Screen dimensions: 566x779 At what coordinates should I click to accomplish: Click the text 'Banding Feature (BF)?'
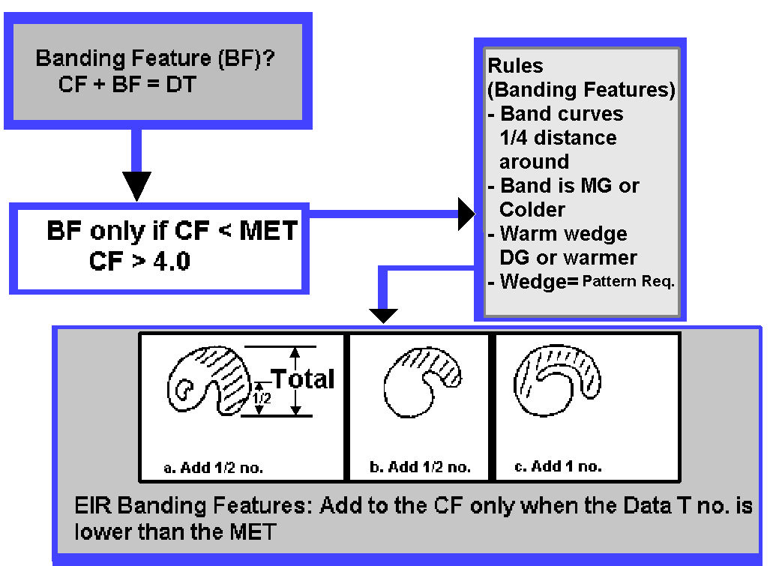coord(154,59)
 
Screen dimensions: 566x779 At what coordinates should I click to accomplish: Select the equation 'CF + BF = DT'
coord(127,84)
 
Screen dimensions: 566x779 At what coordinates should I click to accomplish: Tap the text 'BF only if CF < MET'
coord(172,231)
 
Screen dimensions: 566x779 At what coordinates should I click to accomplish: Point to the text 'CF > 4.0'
coord(139,262)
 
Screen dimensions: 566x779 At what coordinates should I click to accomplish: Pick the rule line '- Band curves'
coord(556,114)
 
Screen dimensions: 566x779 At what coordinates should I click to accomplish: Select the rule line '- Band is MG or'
coord(563,185)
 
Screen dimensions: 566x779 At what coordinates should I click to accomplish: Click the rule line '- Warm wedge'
coord(557,233)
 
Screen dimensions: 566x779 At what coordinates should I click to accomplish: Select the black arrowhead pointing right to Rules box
coord(466,215)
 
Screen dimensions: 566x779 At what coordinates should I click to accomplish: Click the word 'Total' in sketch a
coord(303,379)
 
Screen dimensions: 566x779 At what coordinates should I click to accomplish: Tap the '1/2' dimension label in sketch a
coord(259,397)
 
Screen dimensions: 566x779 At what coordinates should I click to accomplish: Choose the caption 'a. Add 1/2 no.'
coord(214,468)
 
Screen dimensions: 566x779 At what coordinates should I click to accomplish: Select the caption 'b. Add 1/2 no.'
coord(421,467)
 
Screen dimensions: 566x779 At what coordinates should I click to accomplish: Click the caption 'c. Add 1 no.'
coord(558,466)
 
